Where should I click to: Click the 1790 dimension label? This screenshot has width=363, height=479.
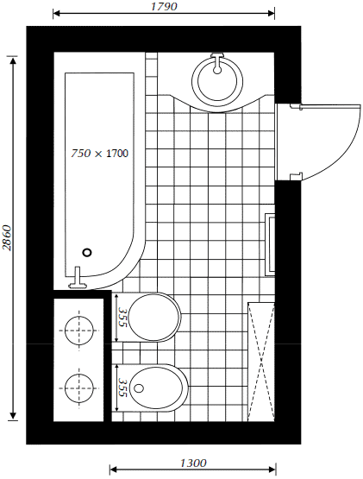click(164, 6)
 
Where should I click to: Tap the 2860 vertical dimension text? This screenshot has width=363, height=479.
click(7, 238)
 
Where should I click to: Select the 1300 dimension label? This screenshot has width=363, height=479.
click(193, 463)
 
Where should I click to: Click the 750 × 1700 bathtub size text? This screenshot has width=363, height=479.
click(100, 153)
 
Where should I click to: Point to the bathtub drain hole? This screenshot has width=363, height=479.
click(87, 252)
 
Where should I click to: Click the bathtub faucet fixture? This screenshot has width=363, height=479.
click(78, 278)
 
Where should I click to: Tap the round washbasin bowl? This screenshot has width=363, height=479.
click(217, 80)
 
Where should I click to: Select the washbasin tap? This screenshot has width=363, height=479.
click(217, 63)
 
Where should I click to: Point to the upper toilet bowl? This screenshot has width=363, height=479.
click(154, 317)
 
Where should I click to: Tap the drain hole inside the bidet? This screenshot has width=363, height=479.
click(139, 388)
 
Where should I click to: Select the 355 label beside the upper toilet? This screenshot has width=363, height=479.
click(122, 317)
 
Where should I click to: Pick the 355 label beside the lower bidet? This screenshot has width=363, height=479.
click(122, 388)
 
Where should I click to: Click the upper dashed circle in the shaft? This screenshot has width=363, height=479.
click(79, 331)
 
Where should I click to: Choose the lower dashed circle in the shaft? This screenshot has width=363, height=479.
click(79, 388)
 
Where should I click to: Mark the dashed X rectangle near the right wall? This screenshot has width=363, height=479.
click(261, 362)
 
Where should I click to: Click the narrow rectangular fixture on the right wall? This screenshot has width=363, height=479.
click(271, 243)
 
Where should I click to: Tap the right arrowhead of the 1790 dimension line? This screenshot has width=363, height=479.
click(271, 13)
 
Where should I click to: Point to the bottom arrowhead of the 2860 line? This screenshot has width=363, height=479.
click(13, 415)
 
